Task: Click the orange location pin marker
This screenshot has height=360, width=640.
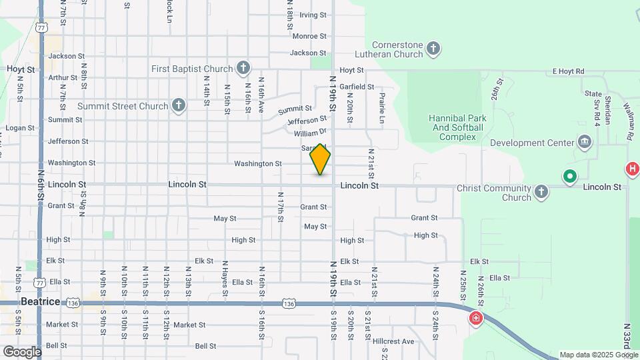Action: pos(320,159)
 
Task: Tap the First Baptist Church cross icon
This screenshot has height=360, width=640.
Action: pos(243,68)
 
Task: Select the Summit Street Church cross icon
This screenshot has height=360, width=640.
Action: pos(178,105)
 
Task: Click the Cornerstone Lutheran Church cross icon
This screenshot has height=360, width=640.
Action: pos(433,49)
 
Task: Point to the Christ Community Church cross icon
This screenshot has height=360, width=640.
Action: pos(541,193)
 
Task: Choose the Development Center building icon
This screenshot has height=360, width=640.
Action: pos(585,142)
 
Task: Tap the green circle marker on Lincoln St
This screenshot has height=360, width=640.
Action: pos(569,177)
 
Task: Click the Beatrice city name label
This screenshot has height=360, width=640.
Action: pos(40,301)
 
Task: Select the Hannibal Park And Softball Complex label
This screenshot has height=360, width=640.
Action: pos(457,127)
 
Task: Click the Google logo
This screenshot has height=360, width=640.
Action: pos(22,351)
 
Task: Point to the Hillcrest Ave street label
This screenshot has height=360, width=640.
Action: pos(393,341)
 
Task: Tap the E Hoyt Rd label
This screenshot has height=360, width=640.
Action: pos(568,71)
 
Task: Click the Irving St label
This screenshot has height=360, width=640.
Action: pos(313,15)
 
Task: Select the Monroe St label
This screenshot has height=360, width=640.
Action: pos(309,36)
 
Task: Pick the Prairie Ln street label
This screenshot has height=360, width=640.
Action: pos(382,107)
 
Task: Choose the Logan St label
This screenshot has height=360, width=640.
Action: pos(19,128)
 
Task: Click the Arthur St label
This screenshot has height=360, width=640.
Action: pos(63,77)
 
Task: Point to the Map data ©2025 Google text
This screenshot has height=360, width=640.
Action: pos(597,355)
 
